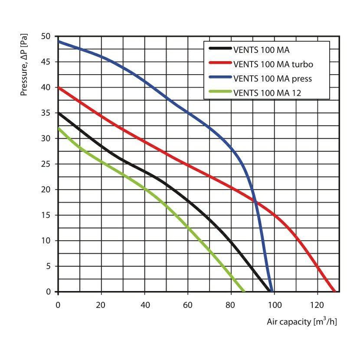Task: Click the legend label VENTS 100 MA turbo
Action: pyautogui.click(x=273, y=64)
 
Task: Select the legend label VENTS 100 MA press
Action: pyautogui.click(x=272, y=79)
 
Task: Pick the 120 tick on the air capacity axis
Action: pyautogui.click(x=317, y=304)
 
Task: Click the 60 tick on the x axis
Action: pyautogui.click(x=188, y=304)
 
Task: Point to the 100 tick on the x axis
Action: pyautogui.click(x=274, y=304)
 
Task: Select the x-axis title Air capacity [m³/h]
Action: pyautogui.click(x=301, y=322)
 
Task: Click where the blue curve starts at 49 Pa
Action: pyautogui.click(x=59, y=42)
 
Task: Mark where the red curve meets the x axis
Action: pyautogui.click(x=334, y=291)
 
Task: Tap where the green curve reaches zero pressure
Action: pyautogui.click(x=243, y=291)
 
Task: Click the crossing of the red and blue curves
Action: pyautogui.click(x=255, y=202)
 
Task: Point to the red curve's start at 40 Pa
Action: pyautogui.click(x=59, y=88)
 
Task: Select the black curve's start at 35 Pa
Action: pyautogui.click(x=59, y=113)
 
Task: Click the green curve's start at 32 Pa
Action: pyautogui.click(x=59, y=128)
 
